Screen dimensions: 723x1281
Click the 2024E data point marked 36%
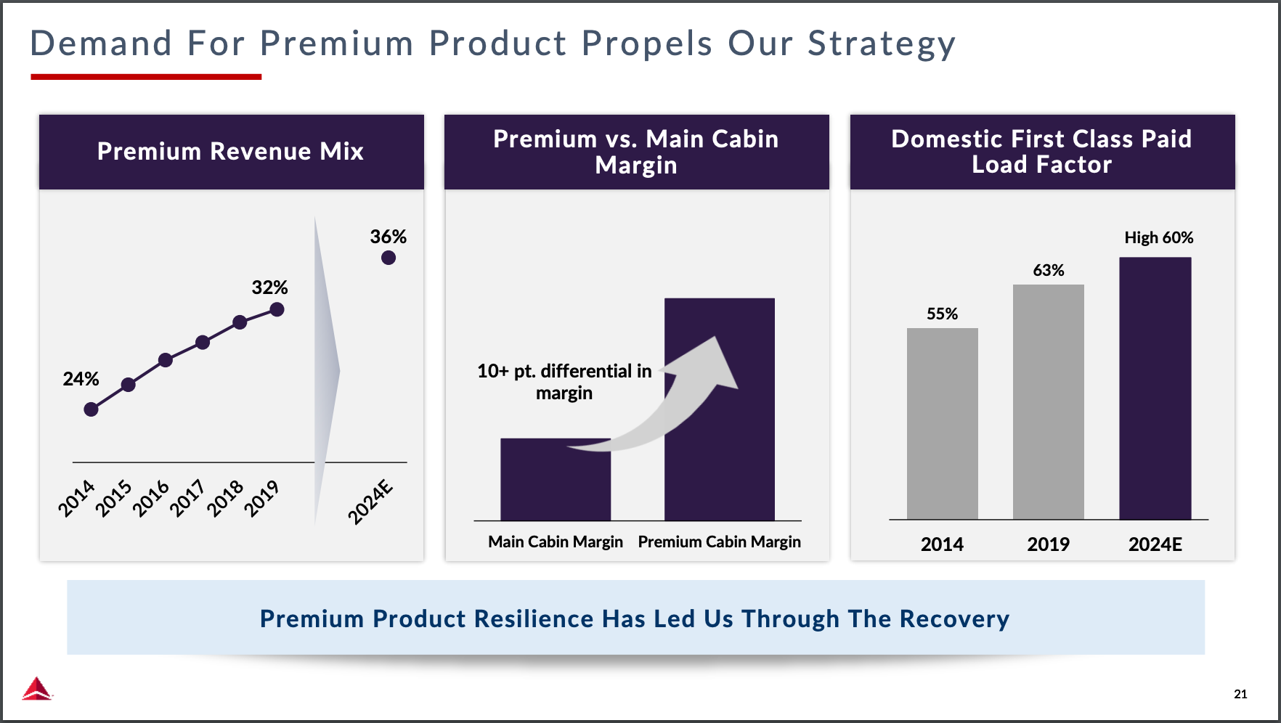point(389,258)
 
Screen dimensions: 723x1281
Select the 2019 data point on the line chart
point(277,310)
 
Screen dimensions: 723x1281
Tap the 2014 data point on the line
point(91,409)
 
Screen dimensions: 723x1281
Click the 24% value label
point(81,379)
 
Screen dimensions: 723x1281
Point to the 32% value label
point(269,287)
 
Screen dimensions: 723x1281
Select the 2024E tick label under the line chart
point(370,502)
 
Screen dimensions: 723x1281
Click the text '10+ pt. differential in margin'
point(564,382)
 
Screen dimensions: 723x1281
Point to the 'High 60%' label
point(1158,237)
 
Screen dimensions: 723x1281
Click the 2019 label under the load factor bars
point(1048,544)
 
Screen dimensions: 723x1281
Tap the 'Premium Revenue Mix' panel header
point(231,152)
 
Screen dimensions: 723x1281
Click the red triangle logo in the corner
point(36,688)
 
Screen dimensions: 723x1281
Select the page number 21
point(1240,694)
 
